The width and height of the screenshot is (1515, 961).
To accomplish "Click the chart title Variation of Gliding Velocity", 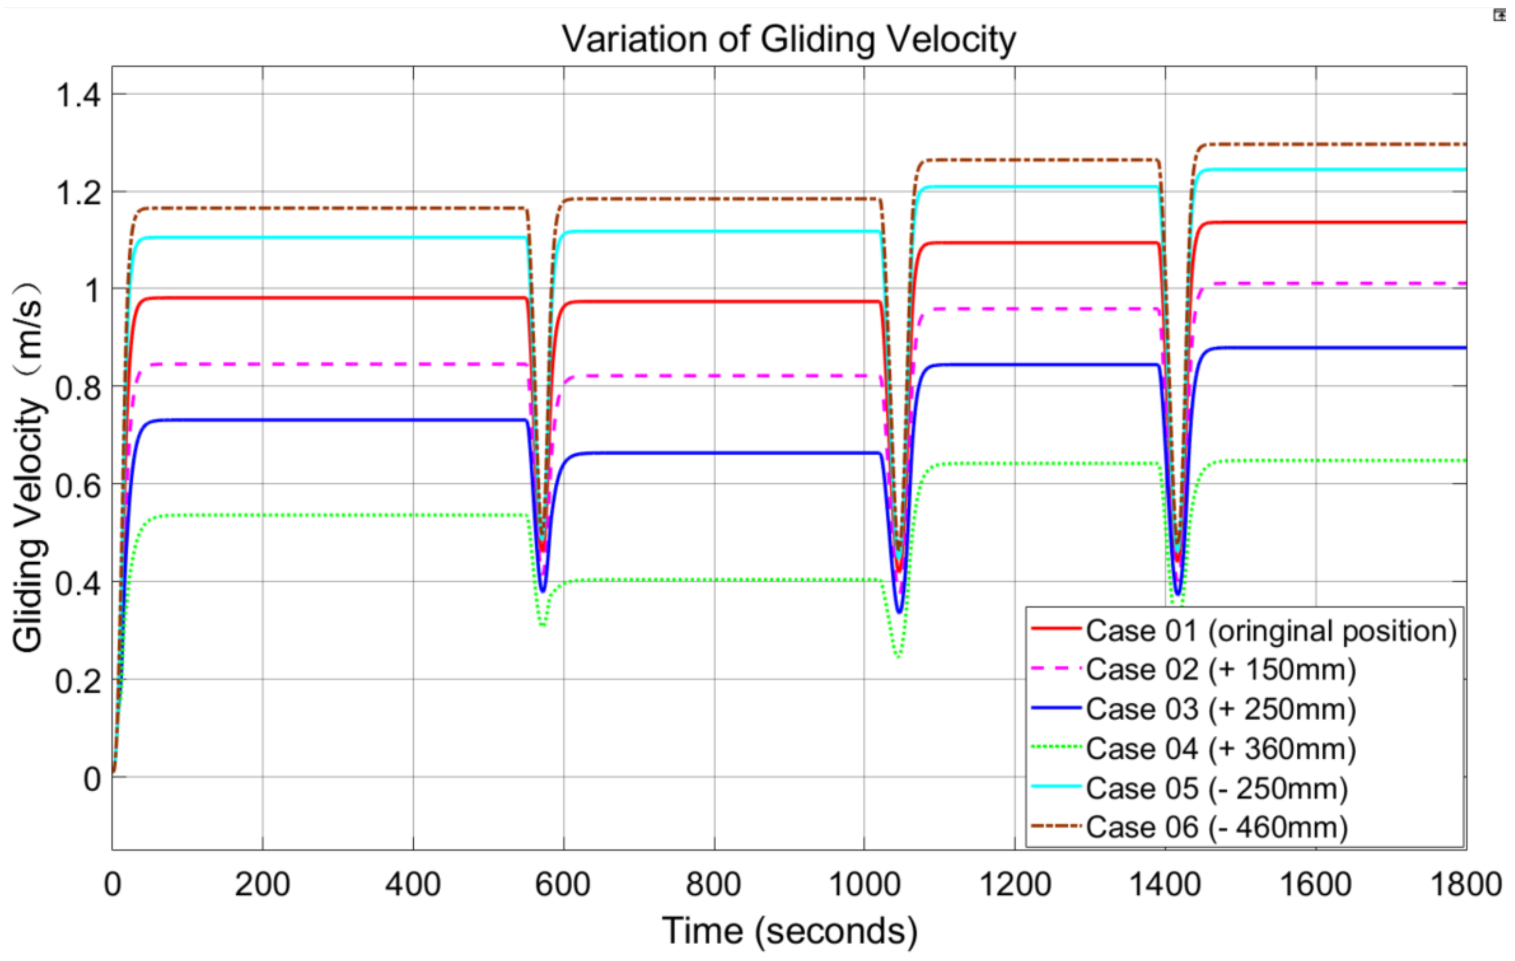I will pyautogui.click(x=788, y=39).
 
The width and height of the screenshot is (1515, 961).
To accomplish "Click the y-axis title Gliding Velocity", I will pyautogui.click(x=28, y=466).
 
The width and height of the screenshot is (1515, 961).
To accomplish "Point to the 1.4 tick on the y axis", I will pyautogui.click(x=78, y=96).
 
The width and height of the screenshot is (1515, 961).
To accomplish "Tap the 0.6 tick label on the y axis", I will pyautogui.click(x=78, y=485).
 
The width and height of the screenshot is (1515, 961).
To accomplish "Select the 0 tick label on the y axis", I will pyautogui.click(x=92, y=779).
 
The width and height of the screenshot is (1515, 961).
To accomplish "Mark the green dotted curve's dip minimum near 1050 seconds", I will pyautogui.click(x=898, y=657).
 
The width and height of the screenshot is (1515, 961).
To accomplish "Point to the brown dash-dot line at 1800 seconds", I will pyautogui.click(x=1464, y=144).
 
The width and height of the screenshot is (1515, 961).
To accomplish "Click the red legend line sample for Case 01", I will pyautogui.click(x=1057, y=629).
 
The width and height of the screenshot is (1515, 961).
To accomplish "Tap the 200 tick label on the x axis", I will pyautogui.click(x=263, y=884).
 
